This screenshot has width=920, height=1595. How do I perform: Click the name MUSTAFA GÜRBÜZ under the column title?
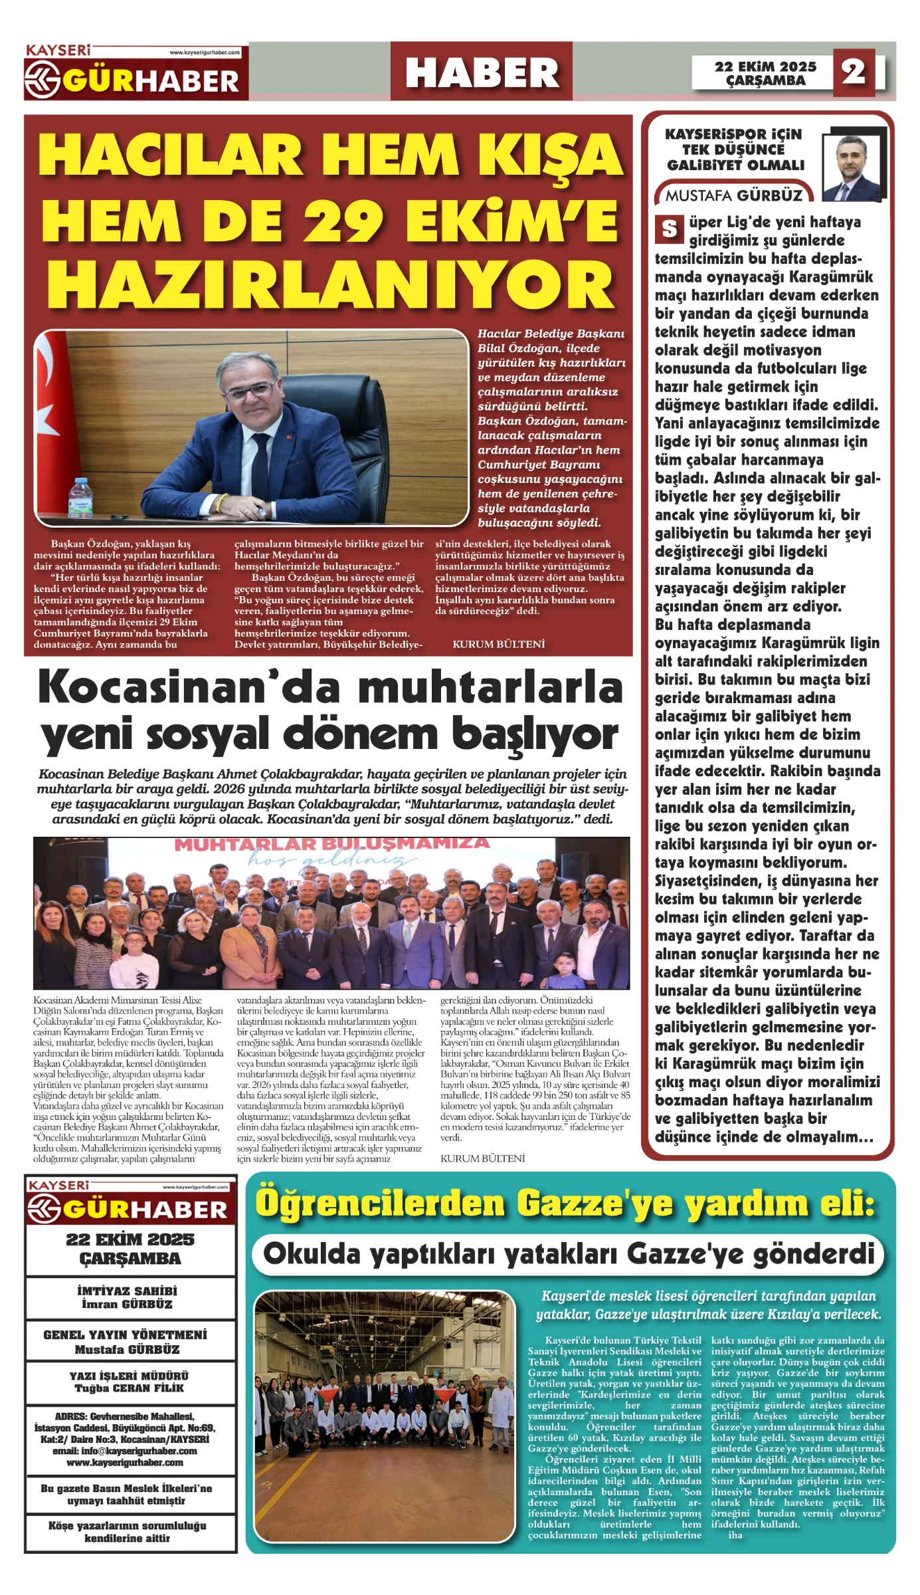[734, 195]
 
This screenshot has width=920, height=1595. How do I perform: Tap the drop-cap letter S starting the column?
[669, 229]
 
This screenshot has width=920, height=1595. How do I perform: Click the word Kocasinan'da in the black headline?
[159, 687]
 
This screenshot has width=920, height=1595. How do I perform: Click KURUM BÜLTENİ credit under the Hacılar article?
[498, 644]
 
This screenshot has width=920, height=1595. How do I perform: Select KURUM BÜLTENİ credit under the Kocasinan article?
[482, 1158]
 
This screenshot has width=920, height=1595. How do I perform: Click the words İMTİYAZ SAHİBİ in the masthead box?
[128, 1291]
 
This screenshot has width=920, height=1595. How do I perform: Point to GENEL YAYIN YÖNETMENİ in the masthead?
[126, 1334]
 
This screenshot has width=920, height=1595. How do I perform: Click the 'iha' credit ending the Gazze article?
[735, 1535]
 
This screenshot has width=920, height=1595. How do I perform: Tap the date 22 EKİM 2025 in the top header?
[765, 66]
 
